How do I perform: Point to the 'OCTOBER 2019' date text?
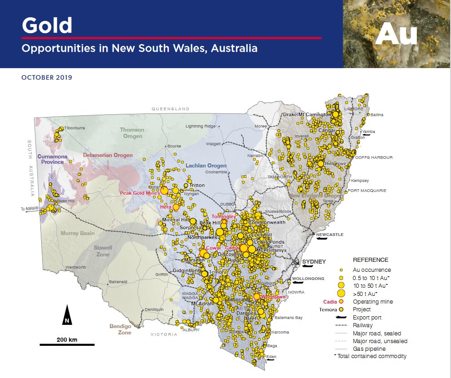47,78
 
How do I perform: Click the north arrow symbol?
67,315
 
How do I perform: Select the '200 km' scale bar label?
67,339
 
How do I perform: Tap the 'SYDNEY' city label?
314,262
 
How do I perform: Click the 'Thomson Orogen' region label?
131,133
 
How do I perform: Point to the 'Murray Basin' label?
78,233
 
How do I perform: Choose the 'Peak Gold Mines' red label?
140,193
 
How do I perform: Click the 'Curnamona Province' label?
53,159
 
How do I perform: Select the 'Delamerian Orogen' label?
108,155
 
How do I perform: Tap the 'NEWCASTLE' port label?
330,235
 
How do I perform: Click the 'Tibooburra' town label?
74,128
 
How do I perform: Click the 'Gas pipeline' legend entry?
369,349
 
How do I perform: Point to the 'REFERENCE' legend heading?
370,260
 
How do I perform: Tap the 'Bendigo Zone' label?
120,329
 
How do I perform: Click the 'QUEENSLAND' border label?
170,109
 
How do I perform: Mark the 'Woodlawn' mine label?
271,297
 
